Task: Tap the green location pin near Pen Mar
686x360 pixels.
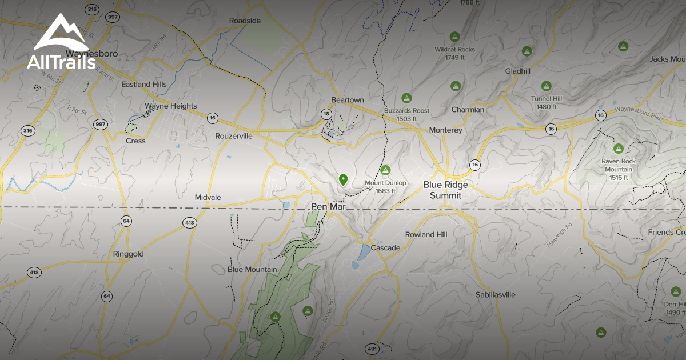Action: pyautogui.click(x=343, y=179)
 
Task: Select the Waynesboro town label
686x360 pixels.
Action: pyautogui.click(x=91, y=54)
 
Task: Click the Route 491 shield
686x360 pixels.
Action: pyautogui.click(x=372, y=349)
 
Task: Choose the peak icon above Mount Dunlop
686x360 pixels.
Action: pyautogui.click(x=386, y=170)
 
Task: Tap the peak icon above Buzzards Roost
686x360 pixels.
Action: pyautogui.click(x=406, y=98)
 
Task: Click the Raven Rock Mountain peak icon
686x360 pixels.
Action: pyautogui.click(x=618, y=149)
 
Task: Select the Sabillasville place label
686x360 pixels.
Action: pyautogui.click(x=496, y=295)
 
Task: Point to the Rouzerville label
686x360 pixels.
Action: pyautogui.click(x=234, y=136)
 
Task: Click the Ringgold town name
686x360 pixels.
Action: pyautogui.click(x=128, y=254)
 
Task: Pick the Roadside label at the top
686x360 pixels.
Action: pyautogui.click(x=245, y=21)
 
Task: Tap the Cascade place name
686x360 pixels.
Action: pyautogui.click(x=385, y=248)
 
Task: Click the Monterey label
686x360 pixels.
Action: pyautogui.click(x=445, y=130)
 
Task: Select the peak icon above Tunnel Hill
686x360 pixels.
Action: pyautogui.click(x=547, y=86)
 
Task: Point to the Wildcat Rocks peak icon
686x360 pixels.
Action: pyautogui.click(x=455, y=37)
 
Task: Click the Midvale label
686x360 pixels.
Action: pyautogui.click(x=208, y=197)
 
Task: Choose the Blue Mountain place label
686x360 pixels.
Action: pyautogui.click(x=252, y=269)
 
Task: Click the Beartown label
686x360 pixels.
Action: pyautogui.click(x=348, y=100)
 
